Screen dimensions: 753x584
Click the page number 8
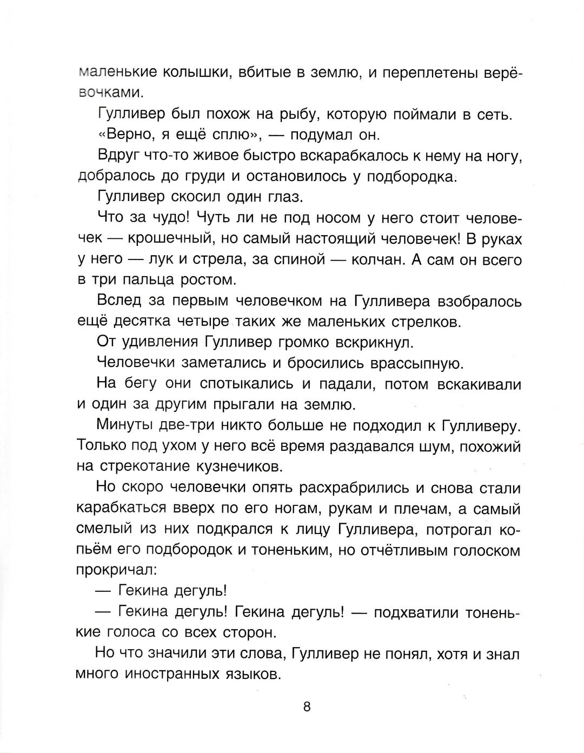(x=307, y=707)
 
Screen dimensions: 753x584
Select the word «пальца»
(x=148, y=281)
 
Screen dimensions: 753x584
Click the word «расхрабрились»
(x=351, y=488)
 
